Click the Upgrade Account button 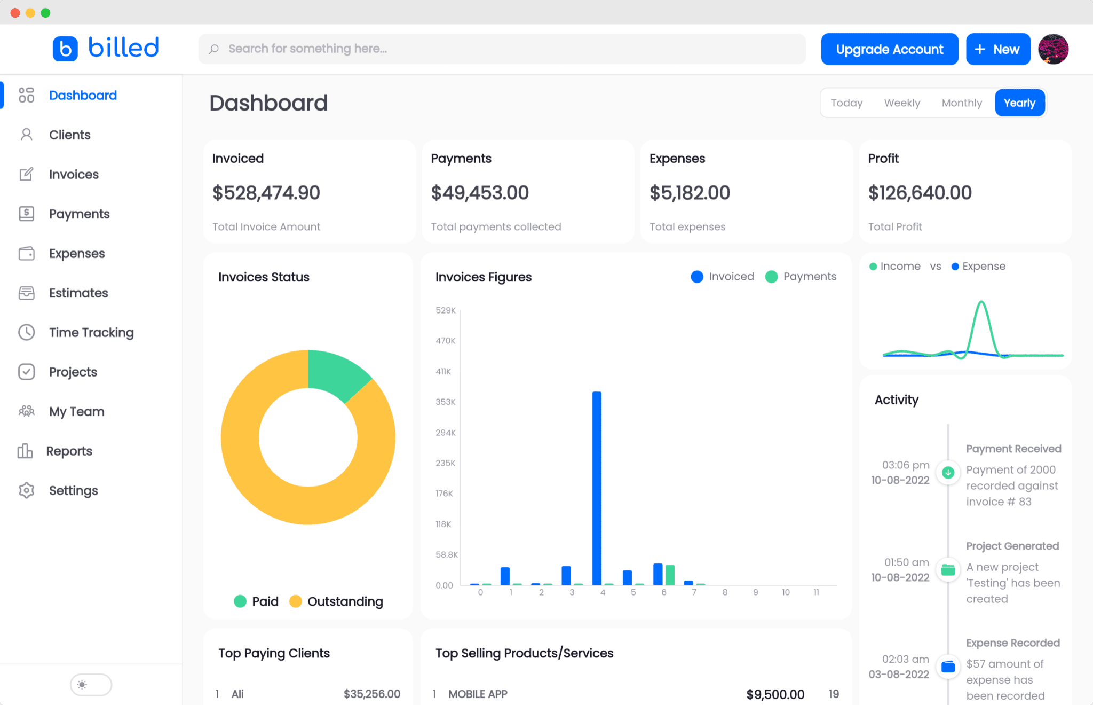coord(889,49)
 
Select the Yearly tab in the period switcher coord(1019,103)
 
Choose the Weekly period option coord(902,103)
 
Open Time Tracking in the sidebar coord(91,332)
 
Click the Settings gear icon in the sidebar coord(26,490)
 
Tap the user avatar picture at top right coord(1053,49)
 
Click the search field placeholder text coord(307,49)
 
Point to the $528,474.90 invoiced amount coord(266,193)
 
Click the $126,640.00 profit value coord(920,193)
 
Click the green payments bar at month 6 coord(670,575)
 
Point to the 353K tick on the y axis coord(445,402)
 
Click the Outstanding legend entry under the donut coord(344,601)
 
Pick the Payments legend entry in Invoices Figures coord(809,277)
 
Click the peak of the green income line coord(981,303)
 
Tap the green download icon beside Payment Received coord(948,473)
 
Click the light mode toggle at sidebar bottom coord(91,685)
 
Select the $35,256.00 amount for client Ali coord(371,694)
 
